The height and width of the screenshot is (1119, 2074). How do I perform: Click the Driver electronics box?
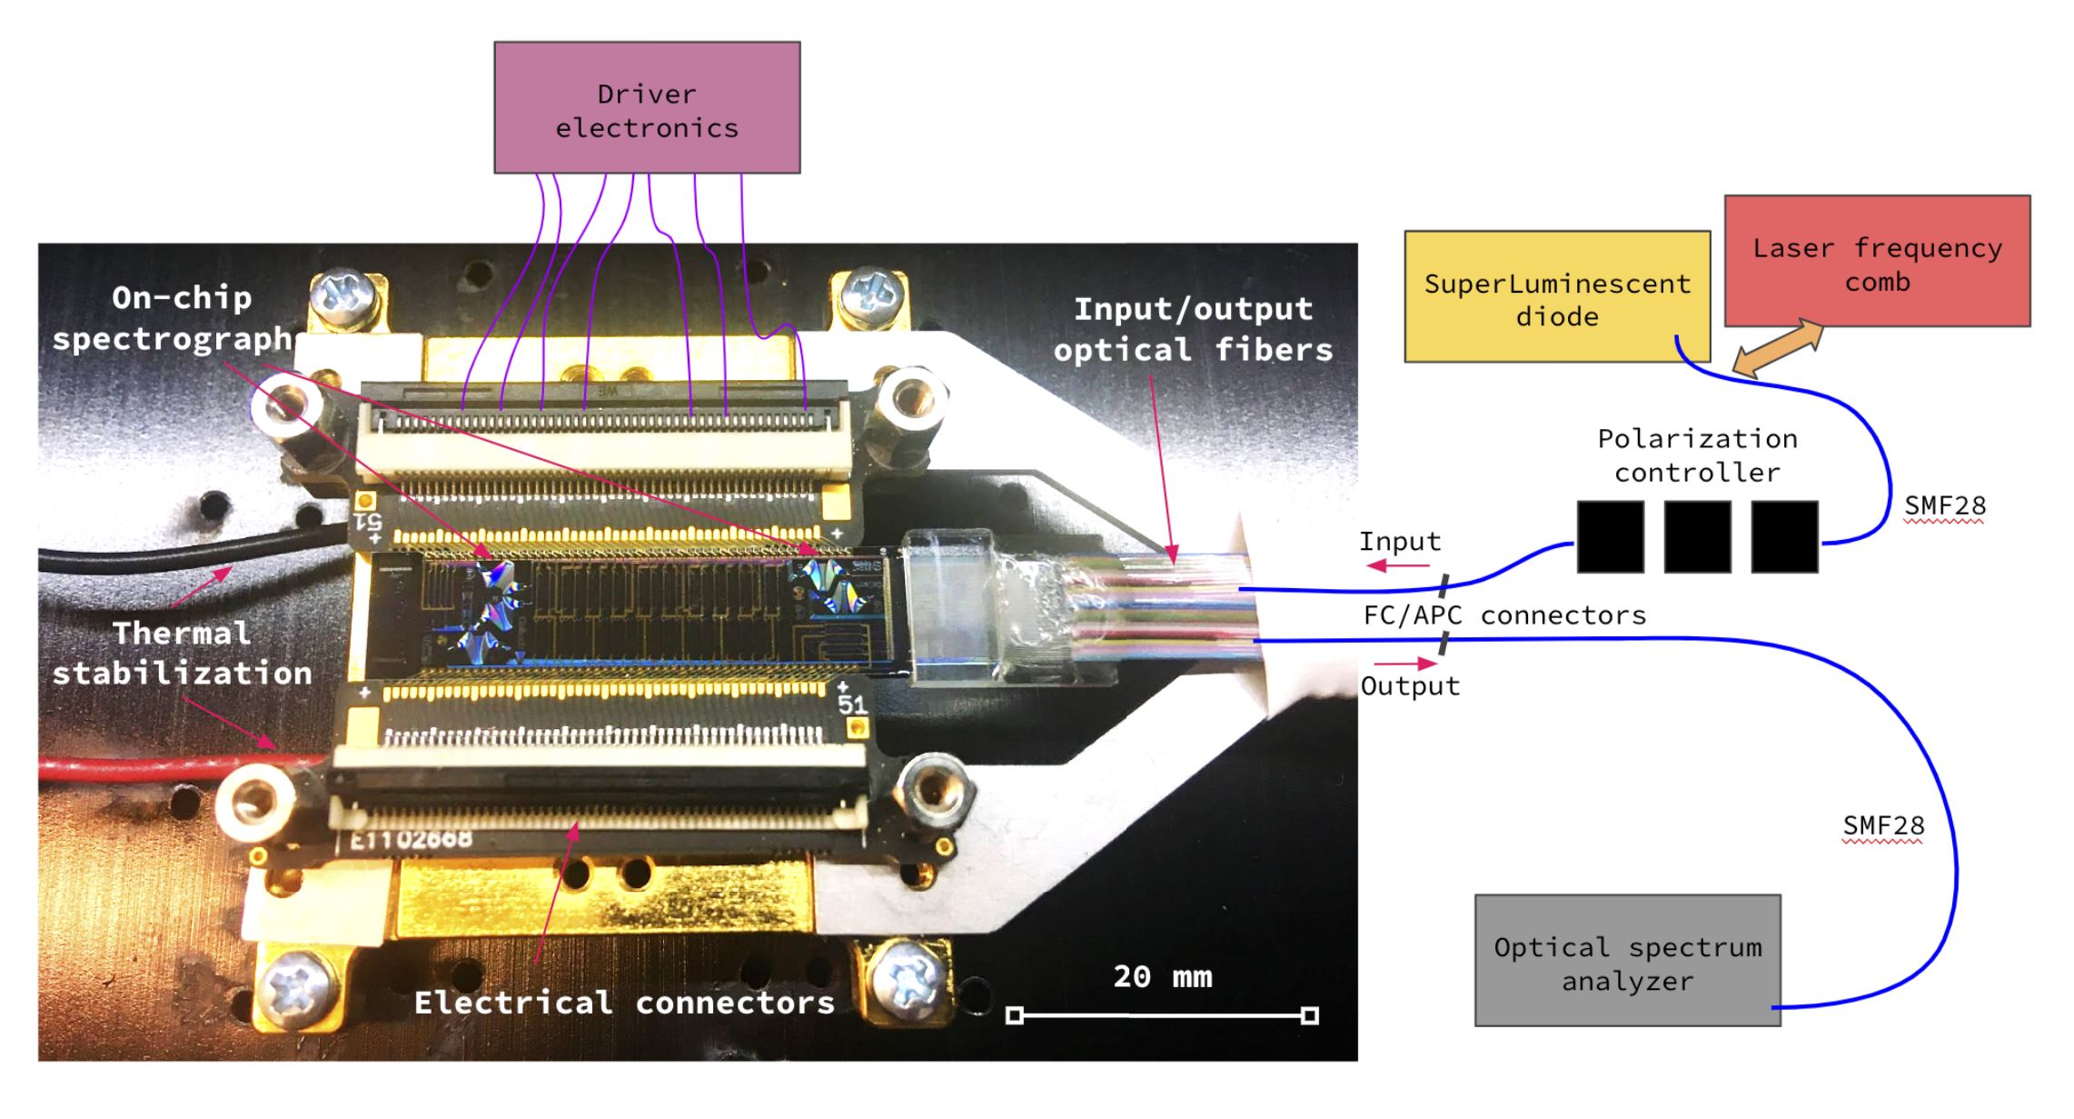coord(647,107)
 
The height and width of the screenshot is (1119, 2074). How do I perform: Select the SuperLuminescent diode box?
coord(1556,297)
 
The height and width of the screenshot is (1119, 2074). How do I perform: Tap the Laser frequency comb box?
coord(1877,261)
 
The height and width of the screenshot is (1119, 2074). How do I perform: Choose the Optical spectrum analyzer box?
coord(1627,961)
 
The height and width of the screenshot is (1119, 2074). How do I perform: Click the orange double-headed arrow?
coord(1778,347)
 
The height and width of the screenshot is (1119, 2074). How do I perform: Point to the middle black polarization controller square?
coord(1697,536)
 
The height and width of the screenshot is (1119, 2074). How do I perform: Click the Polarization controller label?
coord(1697,455)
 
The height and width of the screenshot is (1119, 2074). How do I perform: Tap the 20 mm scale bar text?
coord(1162,977)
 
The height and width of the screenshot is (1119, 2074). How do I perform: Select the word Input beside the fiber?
coord(1399,542)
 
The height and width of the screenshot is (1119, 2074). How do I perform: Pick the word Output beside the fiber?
coord(1409,686)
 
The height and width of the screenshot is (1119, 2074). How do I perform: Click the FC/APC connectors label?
coord(1504,615)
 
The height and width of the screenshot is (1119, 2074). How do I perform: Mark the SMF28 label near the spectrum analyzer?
coord(1883,825)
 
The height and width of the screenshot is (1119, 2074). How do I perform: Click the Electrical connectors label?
coord(624,1003)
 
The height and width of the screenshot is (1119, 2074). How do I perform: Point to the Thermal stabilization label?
coord(182,653)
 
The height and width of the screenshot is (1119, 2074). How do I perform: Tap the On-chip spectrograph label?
coord(173,318)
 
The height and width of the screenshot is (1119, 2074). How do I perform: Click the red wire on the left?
coord(136,769)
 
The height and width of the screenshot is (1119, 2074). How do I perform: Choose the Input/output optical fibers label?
coord(1193,329)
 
